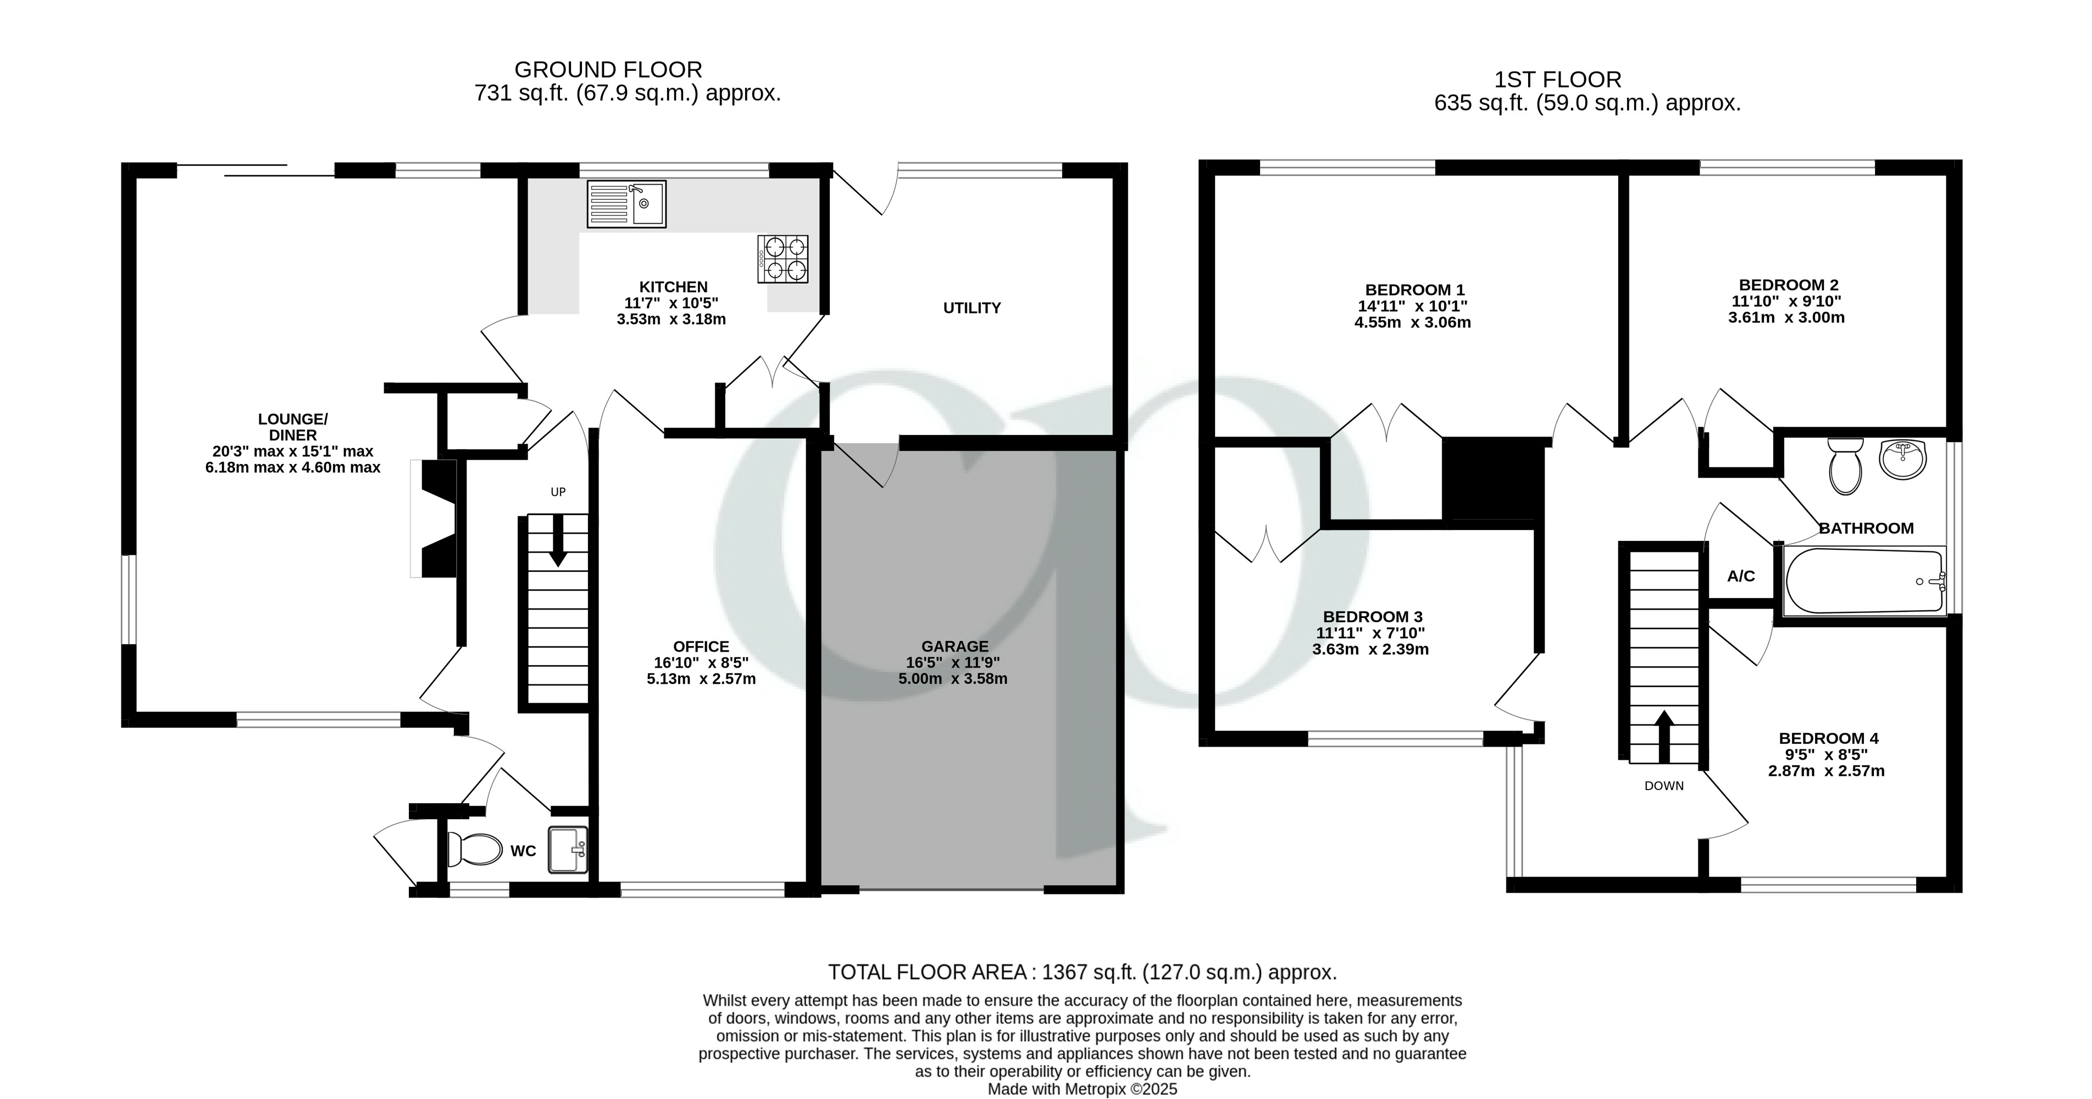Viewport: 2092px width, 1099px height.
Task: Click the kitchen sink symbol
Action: point(626,203)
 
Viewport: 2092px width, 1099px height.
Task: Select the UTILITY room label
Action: point(972,308)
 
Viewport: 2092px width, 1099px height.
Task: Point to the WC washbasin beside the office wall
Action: point(568,849)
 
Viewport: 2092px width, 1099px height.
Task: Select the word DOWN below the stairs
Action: point(1664,786)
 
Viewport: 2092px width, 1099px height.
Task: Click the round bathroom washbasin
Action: point(1902,460)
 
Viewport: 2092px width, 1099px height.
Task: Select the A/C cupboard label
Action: point(1740,576)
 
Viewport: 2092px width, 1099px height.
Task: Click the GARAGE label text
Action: point(955,646)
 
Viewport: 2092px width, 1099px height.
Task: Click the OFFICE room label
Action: point(701,647)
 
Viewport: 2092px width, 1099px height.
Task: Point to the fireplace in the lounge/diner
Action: point(436,518)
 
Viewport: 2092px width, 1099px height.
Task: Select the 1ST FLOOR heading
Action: point(1558,80)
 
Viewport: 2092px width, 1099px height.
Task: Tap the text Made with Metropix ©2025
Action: point(1082,1089)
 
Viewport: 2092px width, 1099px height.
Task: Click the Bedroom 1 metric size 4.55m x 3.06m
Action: point(1412,323)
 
